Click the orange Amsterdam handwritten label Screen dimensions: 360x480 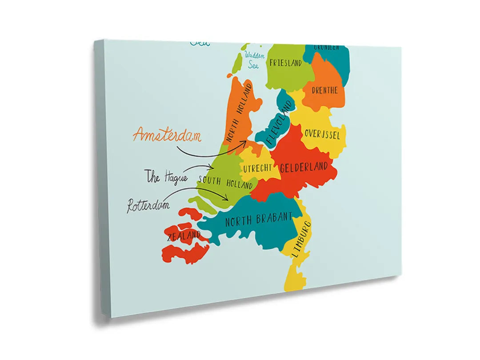[167, 135]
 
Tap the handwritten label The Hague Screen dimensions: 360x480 [167, 177]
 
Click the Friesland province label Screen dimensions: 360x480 [285, 63]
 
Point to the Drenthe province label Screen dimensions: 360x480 [324, 90]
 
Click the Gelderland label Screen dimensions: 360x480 [304, 168]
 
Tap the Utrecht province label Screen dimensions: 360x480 [257, 168]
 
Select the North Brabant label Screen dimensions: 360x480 [259, 219]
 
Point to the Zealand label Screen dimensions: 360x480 [184, 236]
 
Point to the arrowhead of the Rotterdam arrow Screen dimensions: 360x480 [228, 198]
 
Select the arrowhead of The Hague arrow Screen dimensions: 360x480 [212, 167]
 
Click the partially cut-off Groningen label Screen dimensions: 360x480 [327, 47]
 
